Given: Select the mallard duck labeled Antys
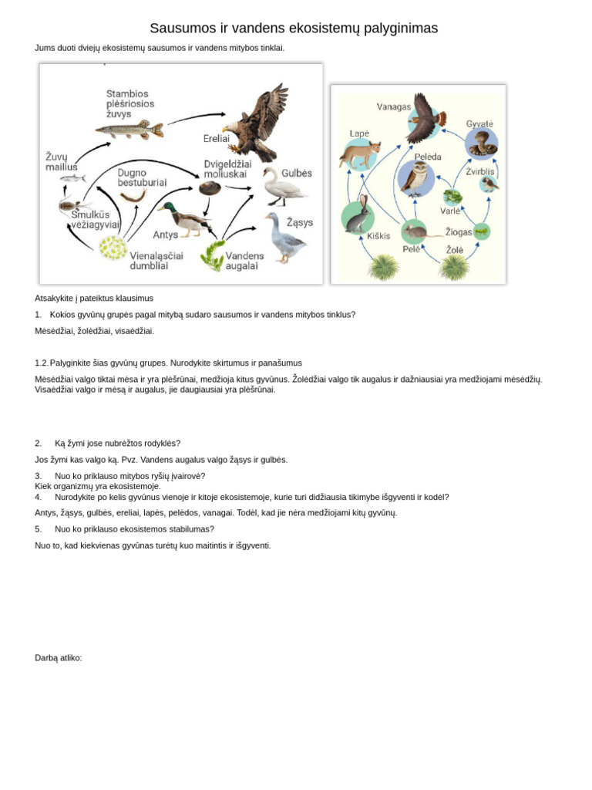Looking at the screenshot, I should click(x=186, y=218).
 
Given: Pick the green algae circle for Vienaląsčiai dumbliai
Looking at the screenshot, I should click(x=113, y=248).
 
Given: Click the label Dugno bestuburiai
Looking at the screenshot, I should click(x=142, y=177).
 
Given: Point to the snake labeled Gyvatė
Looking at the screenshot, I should click(x=482, y=143).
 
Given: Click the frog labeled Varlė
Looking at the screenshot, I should click(x=452, y=197).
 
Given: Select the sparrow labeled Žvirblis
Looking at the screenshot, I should click(x=488, y=184).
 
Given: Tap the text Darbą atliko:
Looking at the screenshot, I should click(x=58, y=658).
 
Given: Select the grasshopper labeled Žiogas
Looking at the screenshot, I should click(x=481, y=231).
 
